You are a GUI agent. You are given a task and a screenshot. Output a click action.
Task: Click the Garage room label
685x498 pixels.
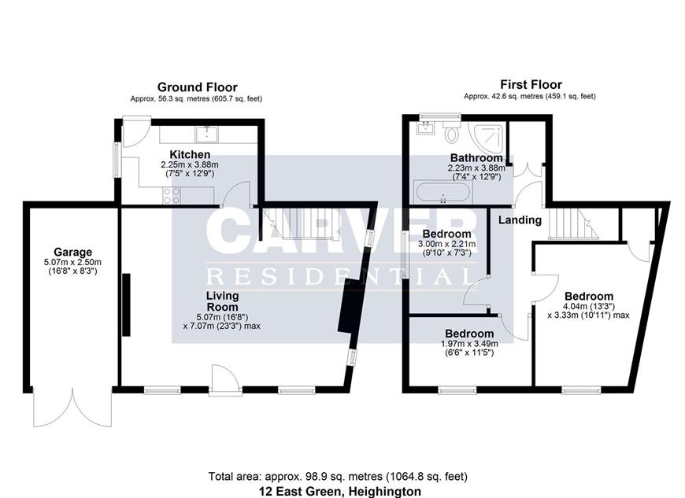tap(73, 253)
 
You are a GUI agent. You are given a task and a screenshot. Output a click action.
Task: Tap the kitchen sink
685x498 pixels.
tap(207, 134)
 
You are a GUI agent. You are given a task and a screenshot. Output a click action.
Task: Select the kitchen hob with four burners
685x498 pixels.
tap(171, 195)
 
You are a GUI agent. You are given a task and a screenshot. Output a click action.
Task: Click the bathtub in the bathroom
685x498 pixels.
tap(443, 193)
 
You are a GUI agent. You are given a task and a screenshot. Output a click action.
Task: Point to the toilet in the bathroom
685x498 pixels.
tap(451, 132)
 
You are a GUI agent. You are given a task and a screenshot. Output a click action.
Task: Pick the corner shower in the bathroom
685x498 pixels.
tap(487, 136)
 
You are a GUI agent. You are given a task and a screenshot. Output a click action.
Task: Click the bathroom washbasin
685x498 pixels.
tap(425, 128)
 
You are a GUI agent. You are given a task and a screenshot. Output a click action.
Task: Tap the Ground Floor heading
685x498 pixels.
tap(197, 87)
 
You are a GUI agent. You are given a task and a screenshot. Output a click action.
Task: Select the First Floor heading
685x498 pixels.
tap(531, 84)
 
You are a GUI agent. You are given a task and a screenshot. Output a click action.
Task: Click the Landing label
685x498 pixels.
tap(520, 220)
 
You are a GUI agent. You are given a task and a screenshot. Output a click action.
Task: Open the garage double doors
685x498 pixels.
tap(72, 408)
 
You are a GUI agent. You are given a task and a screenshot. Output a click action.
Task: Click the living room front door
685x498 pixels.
tap(224, 380)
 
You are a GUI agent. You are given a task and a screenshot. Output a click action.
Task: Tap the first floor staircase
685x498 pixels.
tap(573, 224)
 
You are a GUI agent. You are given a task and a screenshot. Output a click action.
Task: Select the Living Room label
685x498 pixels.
tap(222, 301)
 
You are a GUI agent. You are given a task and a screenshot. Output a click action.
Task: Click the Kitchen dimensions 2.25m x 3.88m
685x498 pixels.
tap(190, 165)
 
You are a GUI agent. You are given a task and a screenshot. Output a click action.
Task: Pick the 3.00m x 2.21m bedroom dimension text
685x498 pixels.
tap(447, 244)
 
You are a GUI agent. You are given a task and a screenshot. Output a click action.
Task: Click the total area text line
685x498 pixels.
tap(338, 476)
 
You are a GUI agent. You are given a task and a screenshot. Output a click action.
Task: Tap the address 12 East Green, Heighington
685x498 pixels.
tap(340, 492)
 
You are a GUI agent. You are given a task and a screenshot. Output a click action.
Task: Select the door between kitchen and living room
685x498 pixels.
tap(236, 194)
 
